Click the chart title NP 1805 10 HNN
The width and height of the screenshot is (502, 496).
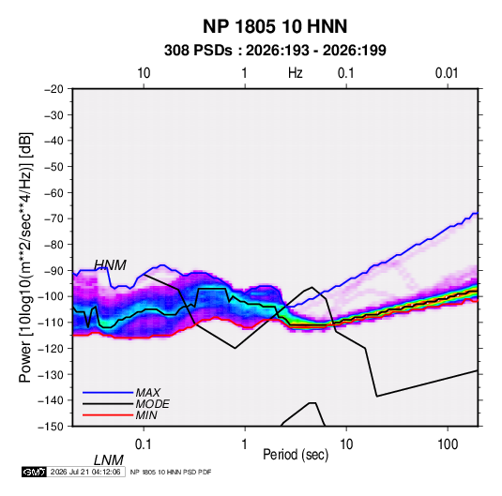[x=275, y=26]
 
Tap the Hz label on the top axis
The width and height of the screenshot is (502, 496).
[x=296, y=73]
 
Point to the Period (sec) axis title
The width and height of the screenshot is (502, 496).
[x=296, y=455]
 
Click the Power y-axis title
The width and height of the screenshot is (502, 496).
[x=25, y=257]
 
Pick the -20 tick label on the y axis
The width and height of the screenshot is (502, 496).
[x=53, y=89]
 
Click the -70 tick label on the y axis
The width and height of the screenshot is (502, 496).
[x=53, y=218]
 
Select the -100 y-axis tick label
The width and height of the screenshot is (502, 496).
[x=51, y=296]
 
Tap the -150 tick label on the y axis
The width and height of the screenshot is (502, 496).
[x=51, y=427]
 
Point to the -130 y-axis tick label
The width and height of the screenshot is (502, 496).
[x=51, y=374]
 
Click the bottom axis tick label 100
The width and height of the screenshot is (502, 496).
[x=448, y=444]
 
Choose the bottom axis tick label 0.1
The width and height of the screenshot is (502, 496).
[x=143, y=444]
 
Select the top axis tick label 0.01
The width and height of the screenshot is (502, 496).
[x=447, y=73]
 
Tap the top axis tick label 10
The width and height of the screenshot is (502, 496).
[x=144, y=73]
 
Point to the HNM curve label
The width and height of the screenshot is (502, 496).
[x=110, y=265]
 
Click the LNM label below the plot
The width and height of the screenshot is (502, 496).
[x=109, y=460]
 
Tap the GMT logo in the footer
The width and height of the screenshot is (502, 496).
[x=34, y=472]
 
